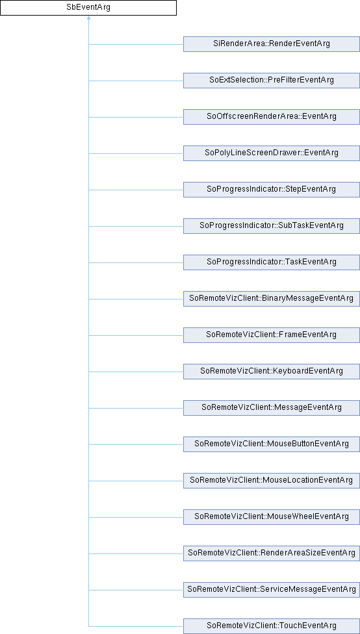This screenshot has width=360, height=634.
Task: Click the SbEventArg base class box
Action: click(88, 8)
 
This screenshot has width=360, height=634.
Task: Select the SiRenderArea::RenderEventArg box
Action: click(272, 44)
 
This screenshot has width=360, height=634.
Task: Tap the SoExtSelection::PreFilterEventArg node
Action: click(272, 81)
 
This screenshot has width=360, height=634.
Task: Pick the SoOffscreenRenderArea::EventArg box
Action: click(272, 117)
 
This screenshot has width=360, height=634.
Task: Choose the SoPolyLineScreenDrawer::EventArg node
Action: click(272, 153)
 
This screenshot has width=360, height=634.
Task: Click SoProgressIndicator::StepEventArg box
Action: click(272, 190)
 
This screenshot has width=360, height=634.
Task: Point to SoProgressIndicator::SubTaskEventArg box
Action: click(272, 226)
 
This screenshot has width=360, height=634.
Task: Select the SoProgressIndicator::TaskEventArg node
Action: click(272, 262)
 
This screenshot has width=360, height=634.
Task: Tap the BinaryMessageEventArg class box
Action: click(272, 299)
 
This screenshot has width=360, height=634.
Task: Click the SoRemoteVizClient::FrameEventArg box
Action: click(272, 335)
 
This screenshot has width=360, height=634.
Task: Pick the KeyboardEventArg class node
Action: click(272, 372)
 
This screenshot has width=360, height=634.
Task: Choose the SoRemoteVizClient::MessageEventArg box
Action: click(272, 408)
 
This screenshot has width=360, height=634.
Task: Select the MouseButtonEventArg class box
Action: click(272, 444)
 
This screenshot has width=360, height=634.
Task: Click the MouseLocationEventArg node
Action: click(272, 481)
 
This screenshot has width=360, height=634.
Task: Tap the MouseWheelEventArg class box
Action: click(272, 517)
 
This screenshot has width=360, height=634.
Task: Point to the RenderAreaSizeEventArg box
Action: click(272, 553)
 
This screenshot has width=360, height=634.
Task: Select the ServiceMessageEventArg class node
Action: click(272, 590)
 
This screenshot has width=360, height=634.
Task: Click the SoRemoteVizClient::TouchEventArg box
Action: click(272, 626)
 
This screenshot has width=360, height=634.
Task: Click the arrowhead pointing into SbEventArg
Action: click(88, 18)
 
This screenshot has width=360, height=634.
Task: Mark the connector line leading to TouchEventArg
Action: click(136, 626)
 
